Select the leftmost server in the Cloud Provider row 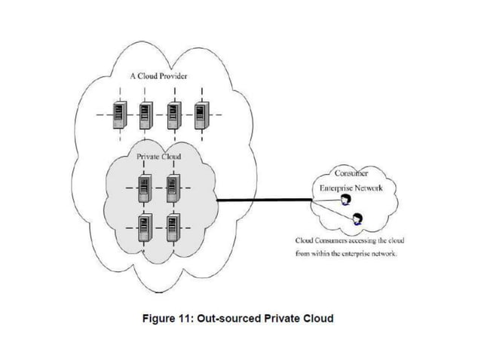tap(118, 115)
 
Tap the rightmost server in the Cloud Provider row tap(201, 115)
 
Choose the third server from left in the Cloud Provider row tap(173, 115)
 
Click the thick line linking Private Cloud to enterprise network tap(264, 200)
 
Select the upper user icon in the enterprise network tap(345, 200)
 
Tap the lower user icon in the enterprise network tap(357, 219)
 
